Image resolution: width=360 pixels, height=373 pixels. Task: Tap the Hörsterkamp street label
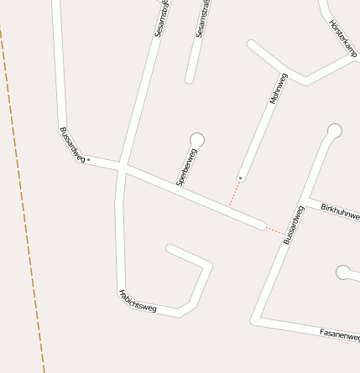coord(342,38)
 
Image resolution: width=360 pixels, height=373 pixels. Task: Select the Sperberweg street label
coord(186,166)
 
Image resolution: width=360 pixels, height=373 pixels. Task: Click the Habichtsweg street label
coord(137,301)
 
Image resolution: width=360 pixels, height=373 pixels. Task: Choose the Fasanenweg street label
coord(339,334)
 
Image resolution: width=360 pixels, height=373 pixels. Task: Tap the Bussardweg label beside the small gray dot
coord(72,144)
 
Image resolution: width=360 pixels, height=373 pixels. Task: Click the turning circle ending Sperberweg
coord(197,139)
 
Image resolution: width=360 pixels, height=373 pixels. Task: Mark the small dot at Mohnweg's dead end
coord(241,178)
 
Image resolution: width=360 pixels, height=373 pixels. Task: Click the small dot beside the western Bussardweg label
coord(88,158)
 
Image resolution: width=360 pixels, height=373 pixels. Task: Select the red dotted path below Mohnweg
coord(234,192)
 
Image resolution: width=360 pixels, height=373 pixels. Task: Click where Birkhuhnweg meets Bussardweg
coord(304,202)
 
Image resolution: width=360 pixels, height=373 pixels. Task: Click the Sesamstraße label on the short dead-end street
coord(201,21)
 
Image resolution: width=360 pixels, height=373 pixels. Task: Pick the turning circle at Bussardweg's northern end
coord(334,130)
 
